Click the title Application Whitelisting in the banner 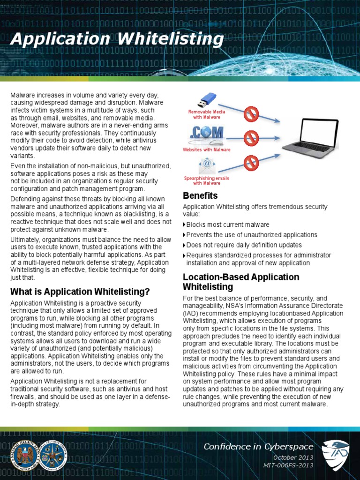tap(117, 39)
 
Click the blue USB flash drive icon tap(206, 100)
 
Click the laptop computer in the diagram tap(310, 138)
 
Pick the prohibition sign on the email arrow tap(251, 163)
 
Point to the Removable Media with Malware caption tap(207, 114)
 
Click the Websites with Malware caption tap(207, 150)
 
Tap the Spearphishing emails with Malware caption tap(207, 180)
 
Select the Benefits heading tap(200, 195)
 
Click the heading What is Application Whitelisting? tap(80, 292)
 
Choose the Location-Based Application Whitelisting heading tap(241, 282)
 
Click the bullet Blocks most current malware tap(228, 225)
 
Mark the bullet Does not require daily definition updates tap(244, 245)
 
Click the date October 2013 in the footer tap(293, 457)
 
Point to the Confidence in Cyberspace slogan tap(258, 446)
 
